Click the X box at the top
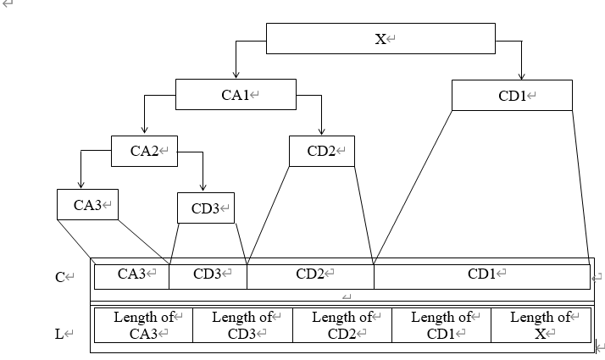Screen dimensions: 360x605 click(x=380, y=39)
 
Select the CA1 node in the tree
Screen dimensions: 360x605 click(x=236, y=95)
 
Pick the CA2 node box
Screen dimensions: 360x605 click(x=144, y=151)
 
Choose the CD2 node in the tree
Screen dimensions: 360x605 click(x=321, y=151)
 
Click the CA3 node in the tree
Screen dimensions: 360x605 click(x=87, y=204)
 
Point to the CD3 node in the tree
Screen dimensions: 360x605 click(x=205, y=208)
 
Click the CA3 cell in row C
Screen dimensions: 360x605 click(x=131, y=274)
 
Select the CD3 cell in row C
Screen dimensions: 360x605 click(x=208, y=274)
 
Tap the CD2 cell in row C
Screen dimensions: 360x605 click(x=310, y=274)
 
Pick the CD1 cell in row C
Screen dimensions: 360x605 click(x=481, y=274)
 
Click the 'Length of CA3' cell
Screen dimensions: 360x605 click(x=143, y=325)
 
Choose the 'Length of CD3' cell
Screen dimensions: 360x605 click(x=242, y=325)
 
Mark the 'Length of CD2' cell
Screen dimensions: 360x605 click(x=342, y=325)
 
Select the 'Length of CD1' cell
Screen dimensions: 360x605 click(x=441, y=325)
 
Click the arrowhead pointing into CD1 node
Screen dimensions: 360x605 click(x=521, y=75)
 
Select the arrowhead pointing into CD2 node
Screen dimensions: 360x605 click(x=321, y=131)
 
